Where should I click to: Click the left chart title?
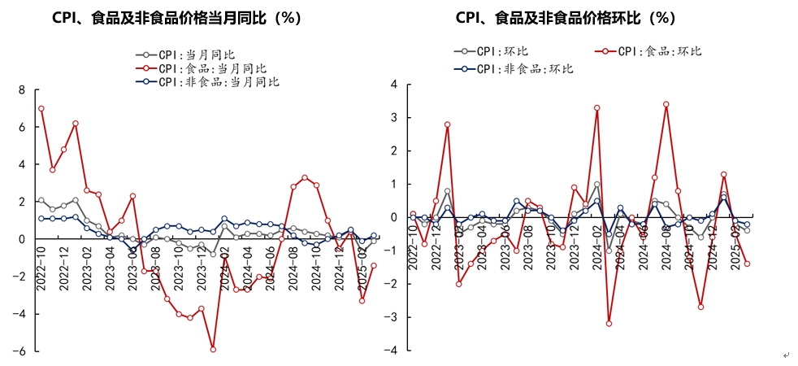tap(176, 18)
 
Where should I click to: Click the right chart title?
tap(566, 18)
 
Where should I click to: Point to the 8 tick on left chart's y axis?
tap(23, 90)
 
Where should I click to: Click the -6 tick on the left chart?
tap(20, 351)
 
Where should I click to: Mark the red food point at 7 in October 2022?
tap(41, 108)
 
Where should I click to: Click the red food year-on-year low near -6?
tap(213, 349)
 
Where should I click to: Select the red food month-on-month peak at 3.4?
tap(666, 104)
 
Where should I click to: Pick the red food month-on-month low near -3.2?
tap(609, 323)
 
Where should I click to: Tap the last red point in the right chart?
tap(747, 264)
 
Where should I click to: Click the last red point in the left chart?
tap(374, 265)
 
